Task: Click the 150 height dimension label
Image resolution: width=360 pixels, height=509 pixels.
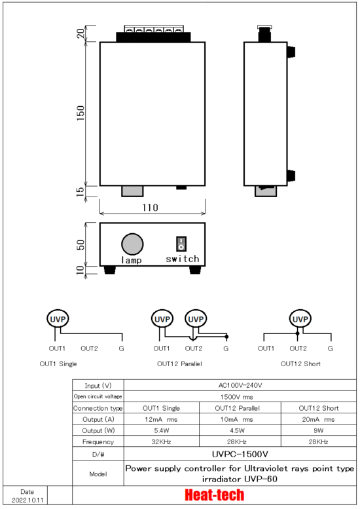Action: [81, 113]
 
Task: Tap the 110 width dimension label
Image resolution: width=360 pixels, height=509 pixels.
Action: [150, 208]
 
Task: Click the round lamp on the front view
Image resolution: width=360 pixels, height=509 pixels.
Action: [132, 244]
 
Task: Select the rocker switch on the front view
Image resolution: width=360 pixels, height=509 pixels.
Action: [181, 244]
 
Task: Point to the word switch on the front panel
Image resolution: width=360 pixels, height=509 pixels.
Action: [182, 259]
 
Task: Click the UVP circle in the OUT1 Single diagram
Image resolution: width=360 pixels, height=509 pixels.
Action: [58, 319]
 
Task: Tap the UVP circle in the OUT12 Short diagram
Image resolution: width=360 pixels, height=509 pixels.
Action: [300, 319]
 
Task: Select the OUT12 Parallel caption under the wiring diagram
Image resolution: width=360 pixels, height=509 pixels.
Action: [179, 364]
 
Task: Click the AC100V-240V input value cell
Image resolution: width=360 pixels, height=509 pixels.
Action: [240, 385]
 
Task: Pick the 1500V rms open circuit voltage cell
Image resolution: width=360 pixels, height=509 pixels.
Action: [237, 397]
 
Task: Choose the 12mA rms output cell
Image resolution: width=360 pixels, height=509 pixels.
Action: [161, 419]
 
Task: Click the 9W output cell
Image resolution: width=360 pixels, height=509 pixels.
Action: [319, 430]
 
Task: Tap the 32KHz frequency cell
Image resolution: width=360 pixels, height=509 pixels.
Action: [161, 442]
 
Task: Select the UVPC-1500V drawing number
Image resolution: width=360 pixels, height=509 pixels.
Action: [240, 454]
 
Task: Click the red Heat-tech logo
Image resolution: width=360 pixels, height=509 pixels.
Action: [215, 495]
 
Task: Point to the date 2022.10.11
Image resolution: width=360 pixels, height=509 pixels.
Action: [27, 500]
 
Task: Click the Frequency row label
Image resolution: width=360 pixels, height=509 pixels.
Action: [98, 442]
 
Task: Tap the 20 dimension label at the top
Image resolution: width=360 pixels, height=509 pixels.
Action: [81, 33]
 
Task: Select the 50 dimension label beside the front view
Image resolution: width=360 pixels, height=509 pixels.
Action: [81, 244]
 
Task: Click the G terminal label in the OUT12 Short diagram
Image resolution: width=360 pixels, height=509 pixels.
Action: [330, 349]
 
